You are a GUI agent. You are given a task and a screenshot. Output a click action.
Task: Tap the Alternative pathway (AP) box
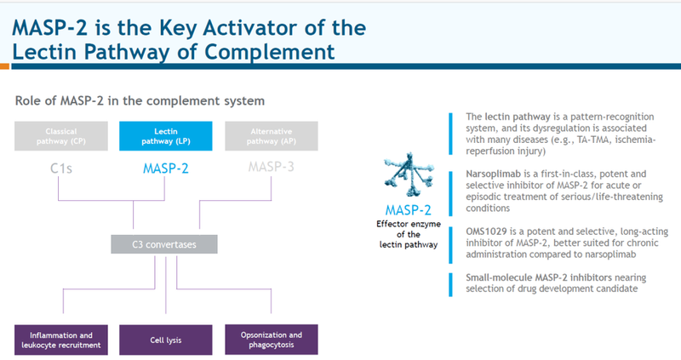click(272, 135)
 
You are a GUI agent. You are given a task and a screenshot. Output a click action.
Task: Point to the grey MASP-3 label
click(272, 167)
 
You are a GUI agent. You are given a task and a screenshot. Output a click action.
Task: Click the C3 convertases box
click(163, 245)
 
